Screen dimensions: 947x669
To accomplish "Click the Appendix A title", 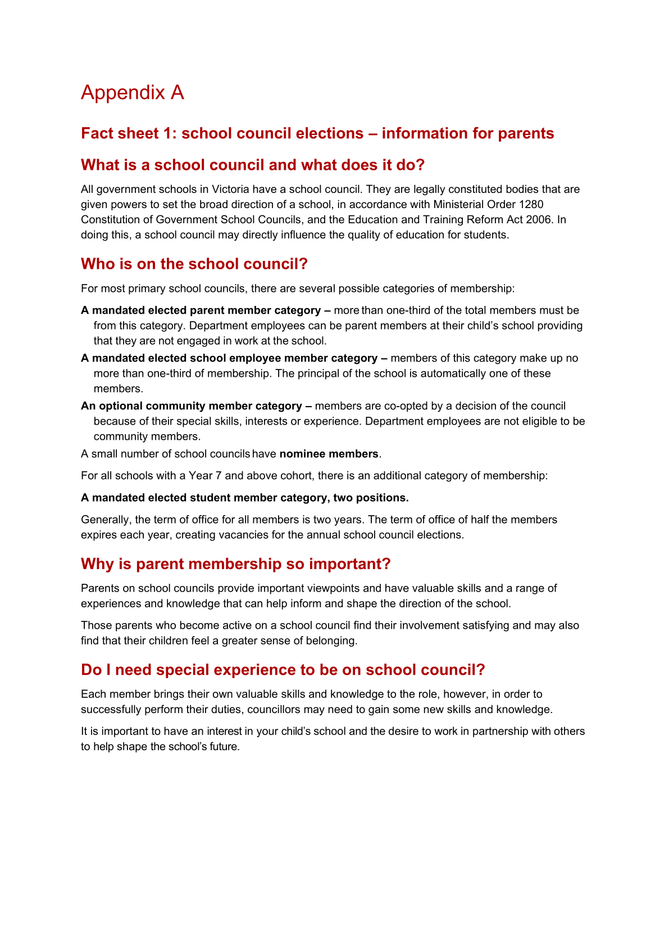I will click(133, 93).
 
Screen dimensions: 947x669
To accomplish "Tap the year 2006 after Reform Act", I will click(538, 219).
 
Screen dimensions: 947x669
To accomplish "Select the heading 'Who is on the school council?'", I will click(194, 264).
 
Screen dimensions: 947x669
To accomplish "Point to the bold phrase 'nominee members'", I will click(329, 454).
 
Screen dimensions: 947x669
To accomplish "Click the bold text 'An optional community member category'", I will click(192, 406).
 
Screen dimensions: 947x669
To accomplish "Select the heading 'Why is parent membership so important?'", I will click(235, 563).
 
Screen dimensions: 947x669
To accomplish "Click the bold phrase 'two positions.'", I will click(371, 498).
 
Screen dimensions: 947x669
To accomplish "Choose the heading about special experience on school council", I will click(283, 670).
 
